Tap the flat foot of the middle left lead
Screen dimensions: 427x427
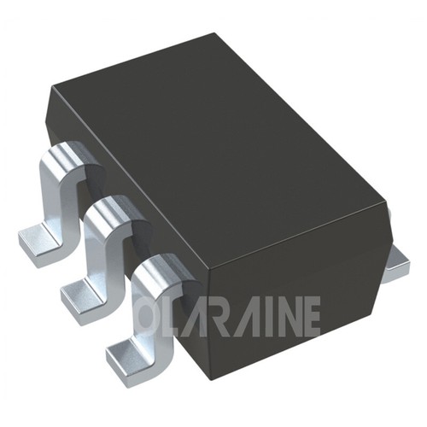[77, 295]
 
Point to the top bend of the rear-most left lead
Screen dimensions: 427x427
[67, 158]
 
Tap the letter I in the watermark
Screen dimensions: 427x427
[266, 315]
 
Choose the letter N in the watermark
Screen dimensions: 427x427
[286, 315]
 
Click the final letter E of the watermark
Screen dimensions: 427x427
[312, 315]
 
